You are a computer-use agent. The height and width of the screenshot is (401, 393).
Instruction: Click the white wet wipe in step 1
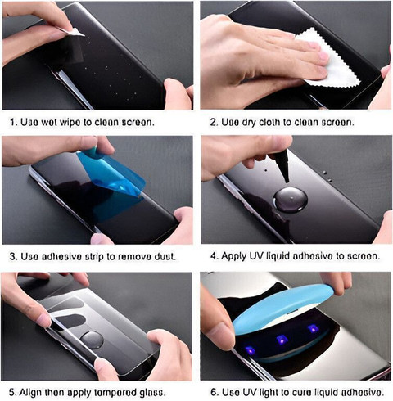[73, 32]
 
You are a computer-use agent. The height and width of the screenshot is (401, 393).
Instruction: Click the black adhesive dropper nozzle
[281, 165]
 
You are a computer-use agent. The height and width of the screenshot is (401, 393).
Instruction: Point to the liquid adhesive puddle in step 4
[291, 200]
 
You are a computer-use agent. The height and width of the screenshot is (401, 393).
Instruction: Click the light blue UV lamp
[284, 309]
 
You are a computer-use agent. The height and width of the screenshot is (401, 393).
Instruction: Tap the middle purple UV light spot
[282, 340]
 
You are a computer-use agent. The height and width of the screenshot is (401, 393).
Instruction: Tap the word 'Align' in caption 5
[30, 393]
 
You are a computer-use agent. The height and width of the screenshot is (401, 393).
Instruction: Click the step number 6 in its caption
[214, 393]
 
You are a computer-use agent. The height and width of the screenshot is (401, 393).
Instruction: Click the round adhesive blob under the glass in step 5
[93, 340]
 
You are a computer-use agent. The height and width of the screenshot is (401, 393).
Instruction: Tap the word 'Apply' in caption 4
[234, 256]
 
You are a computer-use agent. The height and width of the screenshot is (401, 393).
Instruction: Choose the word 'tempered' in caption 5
[115, 393]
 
